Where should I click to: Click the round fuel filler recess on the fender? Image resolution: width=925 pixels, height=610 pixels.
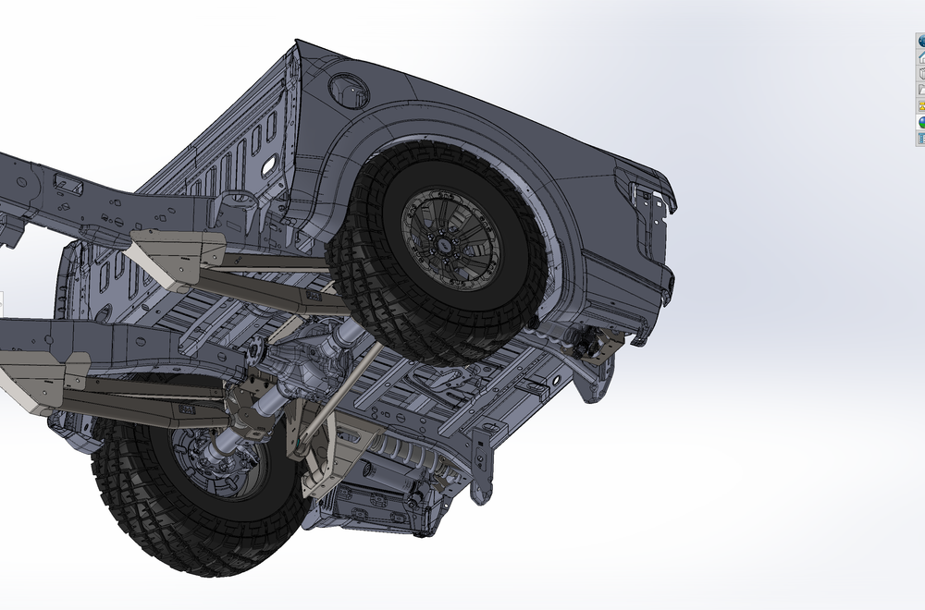click(349, 90)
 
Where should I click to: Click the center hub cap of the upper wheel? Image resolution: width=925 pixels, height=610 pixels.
click(450, 243)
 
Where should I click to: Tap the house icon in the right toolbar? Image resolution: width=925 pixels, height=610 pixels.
click(921, 57)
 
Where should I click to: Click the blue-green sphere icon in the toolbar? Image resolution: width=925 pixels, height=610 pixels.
click(921, 122)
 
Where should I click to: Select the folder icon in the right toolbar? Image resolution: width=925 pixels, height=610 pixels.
click(921, 91)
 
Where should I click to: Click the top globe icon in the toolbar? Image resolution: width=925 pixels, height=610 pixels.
click(921, 42)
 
